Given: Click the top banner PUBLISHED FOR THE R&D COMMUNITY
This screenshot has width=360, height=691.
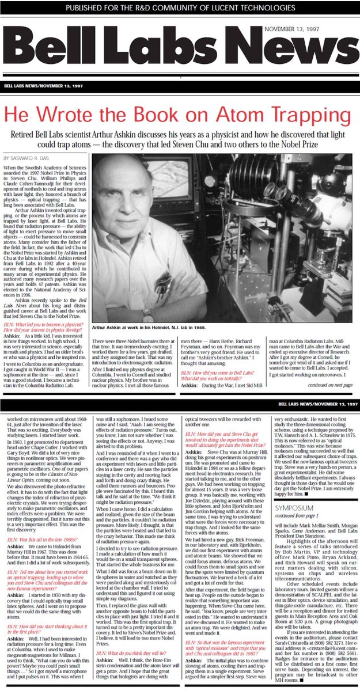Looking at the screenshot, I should (x=179, y=8).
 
